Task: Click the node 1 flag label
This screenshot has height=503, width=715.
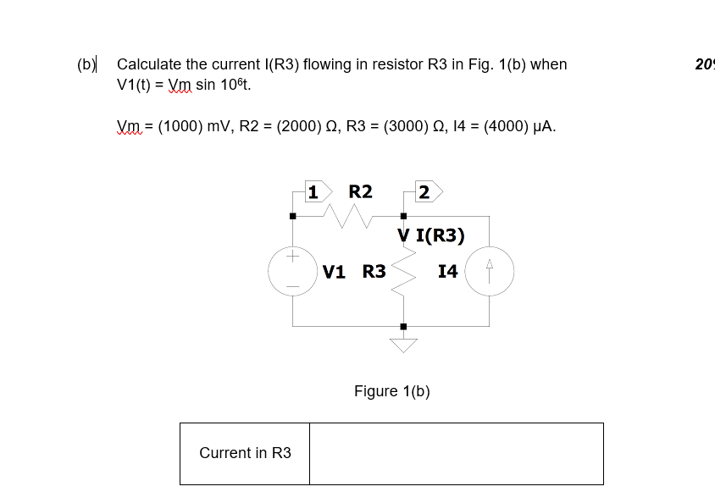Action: (x=313, y=192)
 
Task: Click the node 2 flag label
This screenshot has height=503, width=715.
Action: (x=424, y=192)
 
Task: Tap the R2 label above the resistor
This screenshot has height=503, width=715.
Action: (x=360, y=191)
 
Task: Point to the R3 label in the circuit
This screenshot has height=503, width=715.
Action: (x=374, y=272)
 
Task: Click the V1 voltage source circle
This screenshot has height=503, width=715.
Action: (x=292, y=271)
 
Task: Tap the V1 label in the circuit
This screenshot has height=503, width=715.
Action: (x=334, y=272)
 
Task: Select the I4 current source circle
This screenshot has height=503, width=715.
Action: (x=489, y=271)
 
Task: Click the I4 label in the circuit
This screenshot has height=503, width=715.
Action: (x=448, y=272)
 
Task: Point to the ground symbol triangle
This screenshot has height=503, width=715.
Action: (x=403, y=344)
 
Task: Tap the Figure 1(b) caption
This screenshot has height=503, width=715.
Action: (x=391, y=390)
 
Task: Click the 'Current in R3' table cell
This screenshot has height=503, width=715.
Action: (x=245, y=453)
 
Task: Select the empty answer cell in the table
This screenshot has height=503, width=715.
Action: (x=456, y=453)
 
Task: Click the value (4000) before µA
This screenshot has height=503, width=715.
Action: (x=503, y=127)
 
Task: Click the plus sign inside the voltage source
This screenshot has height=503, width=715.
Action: (x=292, y=255)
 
